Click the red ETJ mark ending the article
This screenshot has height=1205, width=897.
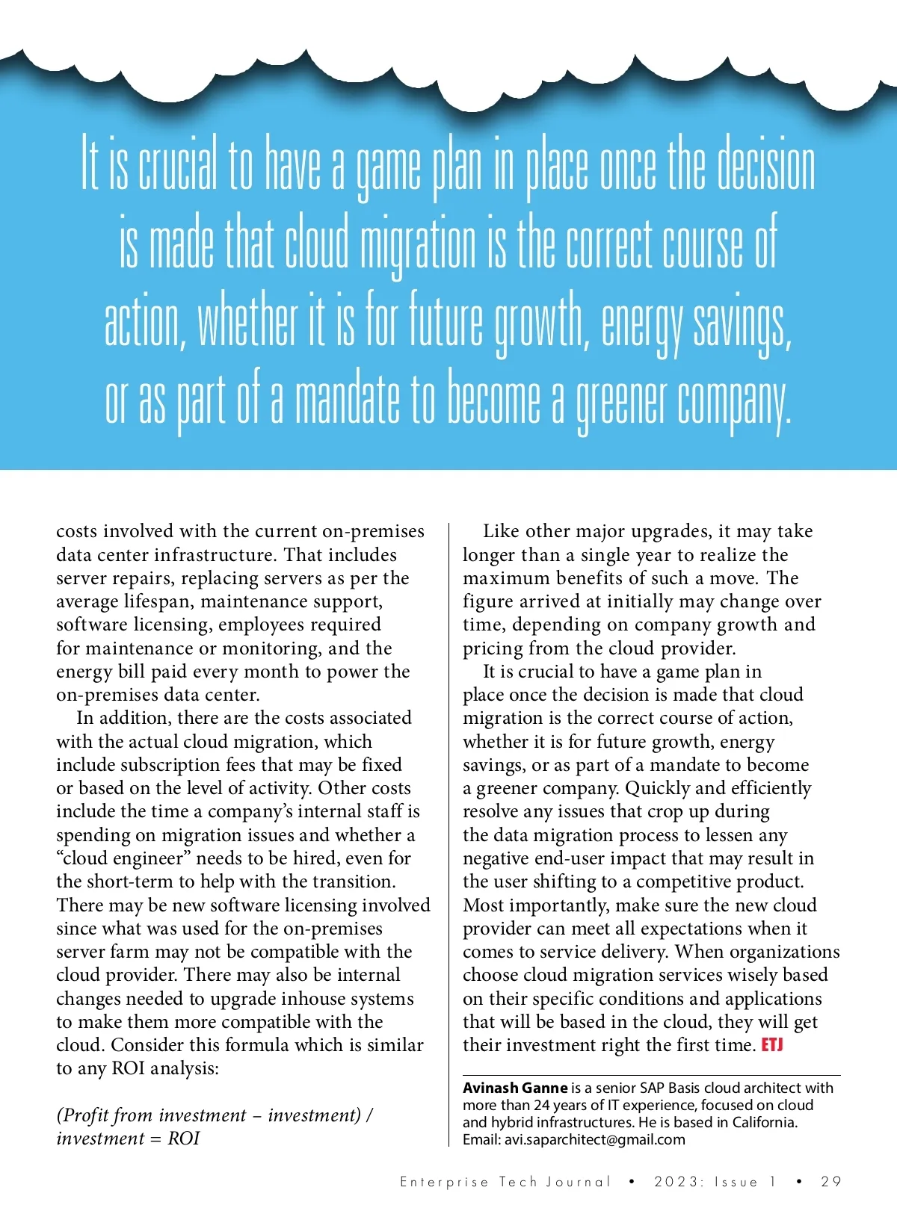[771, 1044]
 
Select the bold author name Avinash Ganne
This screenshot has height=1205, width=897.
[515, 1088]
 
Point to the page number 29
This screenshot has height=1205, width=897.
[831, 1182]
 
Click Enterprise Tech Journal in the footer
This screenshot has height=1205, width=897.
[505, 1182]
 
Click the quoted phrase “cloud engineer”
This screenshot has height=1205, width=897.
[123, 858]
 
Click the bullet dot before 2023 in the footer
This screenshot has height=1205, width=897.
[632, 1182]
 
